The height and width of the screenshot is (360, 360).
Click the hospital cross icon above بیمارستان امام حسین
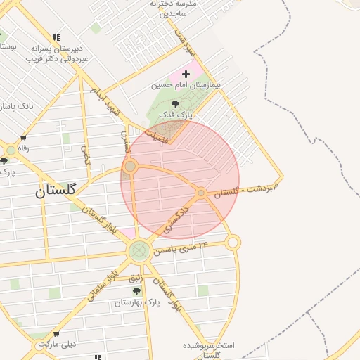(186, 74)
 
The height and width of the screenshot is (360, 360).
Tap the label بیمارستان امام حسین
(186, 85)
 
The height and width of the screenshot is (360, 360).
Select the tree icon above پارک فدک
(175, 104)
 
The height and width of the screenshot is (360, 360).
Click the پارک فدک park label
(181, 114)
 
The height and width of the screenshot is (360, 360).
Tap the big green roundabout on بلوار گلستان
(139, 250)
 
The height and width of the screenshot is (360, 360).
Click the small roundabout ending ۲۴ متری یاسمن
(233, 243)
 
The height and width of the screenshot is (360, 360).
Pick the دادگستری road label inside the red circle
(176, 218)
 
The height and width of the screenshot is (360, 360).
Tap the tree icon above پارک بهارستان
(136, 291)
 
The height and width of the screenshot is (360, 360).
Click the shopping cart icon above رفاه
(23, 138)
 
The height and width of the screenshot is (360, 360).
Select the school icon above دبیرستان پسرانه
(56, 38)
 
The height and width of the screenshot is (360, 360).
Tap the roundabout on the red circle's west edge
(130, 167)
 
